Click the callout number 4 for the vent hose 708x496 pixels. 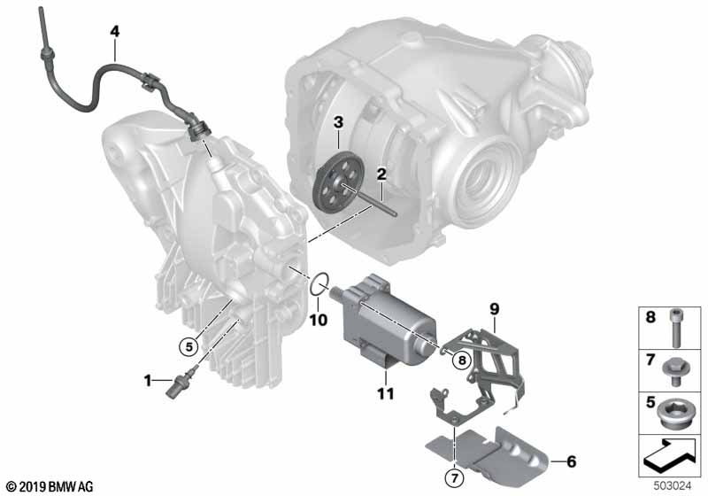(115, 31)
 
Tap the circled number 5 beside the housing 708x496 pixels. (189, 346)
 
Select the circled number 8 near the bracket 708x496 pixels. (461, 360)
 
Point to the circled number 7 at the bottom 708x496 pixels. (455, 477)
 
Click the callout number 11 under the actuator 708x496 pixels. (386, 393)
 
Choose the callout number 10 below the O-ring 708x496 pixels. (318, 320)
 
